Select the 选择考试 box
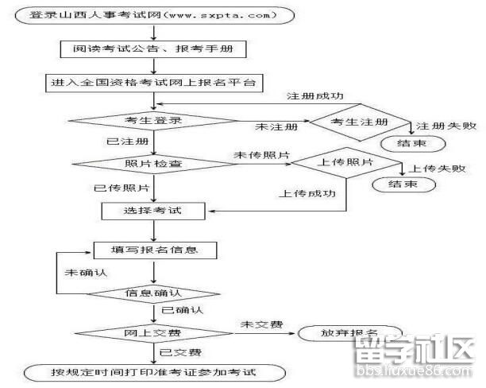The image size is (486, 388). coord(153,211)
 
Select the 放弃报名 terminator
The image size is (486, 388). coord(349,332)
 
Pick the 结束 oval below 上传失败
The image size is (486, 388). coord(403,184)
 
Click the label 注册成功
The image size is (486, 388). coord(314,96)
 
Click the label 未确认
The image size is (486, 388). coord(85,272)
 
